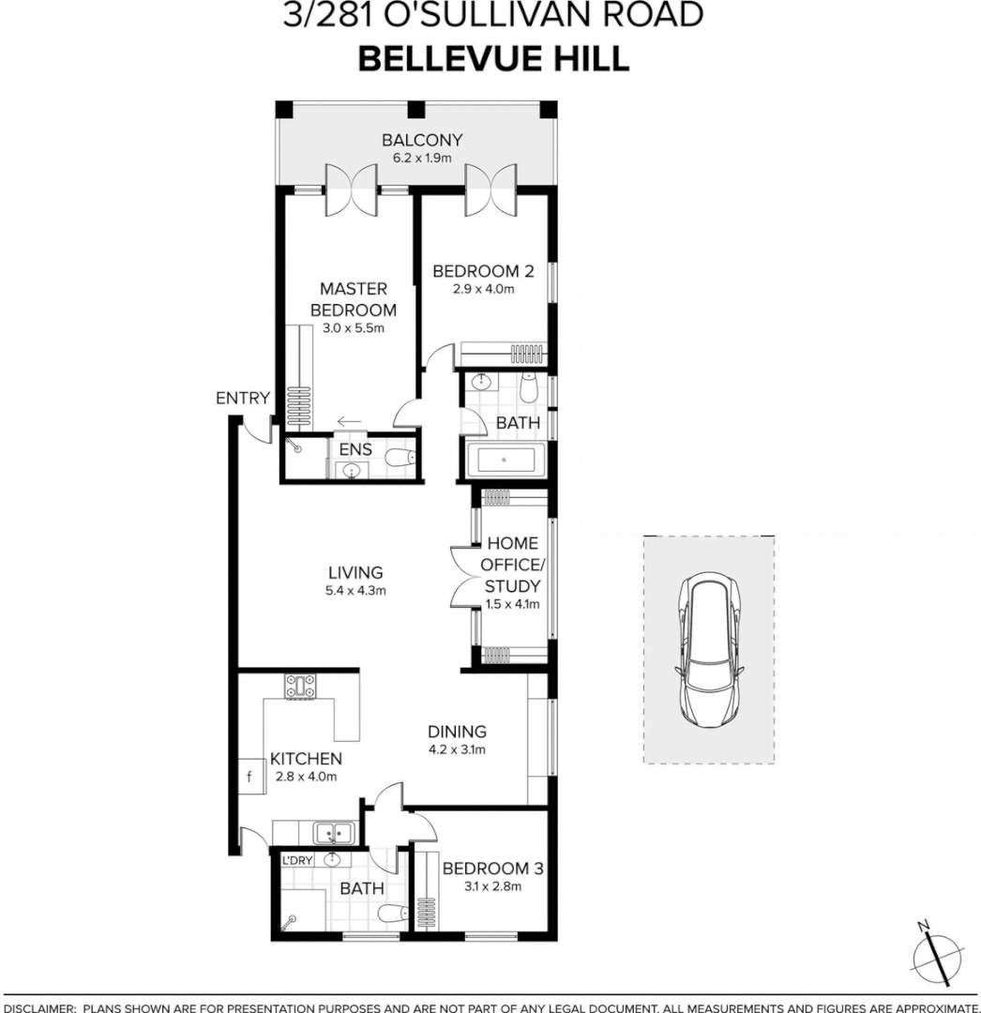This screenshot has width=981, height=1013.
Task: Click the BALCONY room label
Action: click(x=421, y=141)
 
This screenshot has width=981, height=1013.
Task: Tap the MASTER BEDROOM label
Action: click(x=353, y=299)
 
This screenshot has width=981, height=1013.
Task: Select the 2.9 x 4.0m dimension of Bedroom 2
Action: click(x=482, y=289)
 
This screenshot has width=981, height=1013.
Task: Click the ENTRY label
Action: click(x=242, y=399)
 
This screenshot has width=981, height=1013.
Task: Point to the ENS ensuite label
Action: click(x=355, y=449)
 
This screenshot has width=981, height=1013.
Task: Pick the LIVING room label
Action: click(x=355, y=572)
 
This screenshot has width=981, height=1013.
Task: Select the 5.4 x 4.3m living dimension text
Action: click(x=355, y=591)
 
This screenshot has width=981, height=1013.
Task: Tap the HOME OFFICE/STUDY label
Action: click(x=511, y=565)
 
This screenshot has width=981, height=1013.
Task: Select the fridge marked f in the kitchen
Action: click(x=249, y=777)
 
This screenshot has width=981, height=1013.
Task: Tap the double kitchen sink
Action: click(x=332, y=831)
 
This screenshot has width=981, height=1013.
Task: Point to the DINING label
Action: click(x=457, y=732)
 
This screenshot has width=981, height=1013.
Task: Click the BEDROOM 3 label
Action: click(x=492, y=868)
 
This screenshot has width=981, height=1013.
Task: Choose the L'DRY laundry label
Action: click(x=297, y=859)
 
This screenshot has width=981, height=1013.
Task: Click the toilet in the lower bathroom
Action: click(x=388, y=913)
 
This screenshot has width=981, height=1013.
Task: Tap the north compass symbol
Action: click(x=937, y=958)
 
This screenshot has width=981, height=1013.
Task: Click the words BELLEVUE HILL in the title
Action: click(x=493, y=58)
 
